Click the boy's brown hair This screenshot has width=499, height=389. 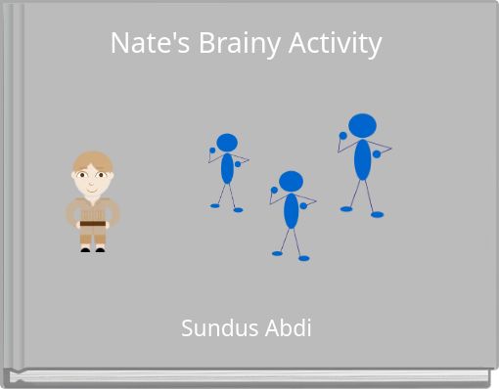pyautogui.click(x=93, y=160)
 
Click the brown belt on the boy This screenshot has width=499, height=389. pyautogui.click(x=93, y=225)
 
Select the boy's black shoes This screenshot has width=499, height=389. pyautogui.click(x=93, y=248)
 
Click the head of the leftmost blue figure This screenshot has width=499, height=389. pyautogui.click(x=227, y=143)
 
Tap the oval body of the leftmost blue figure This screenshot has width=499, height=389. pyautogui.click(x=227, y=168)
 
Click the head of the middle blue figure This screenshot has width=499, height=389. pyautogui.click(x=291, y=181)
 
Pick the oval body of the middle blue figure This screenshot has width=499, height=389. pyautogui.click(x=291, y=210)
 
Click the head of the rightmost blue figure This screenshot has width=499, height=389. pyautogui.click(x=362, y=125)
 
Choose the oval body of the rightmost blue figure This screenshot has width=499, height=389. pyautogui.click(x=362, y=159)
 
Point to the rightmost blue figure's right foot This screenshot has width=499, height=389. pyautogui.click(x=377, y=214)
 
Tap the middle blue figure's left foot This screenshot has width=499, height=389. pyautogui.click(x=278, y=253)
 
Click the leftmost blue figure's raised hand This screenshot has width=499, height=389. pyautogui.click(x=212, y=151)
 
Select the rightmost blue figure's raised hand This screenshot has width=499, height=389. pyautogui.click(x=343, y=136)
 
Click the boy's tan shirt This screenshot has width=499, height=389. pyautogui.click(x=93, y=208)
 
